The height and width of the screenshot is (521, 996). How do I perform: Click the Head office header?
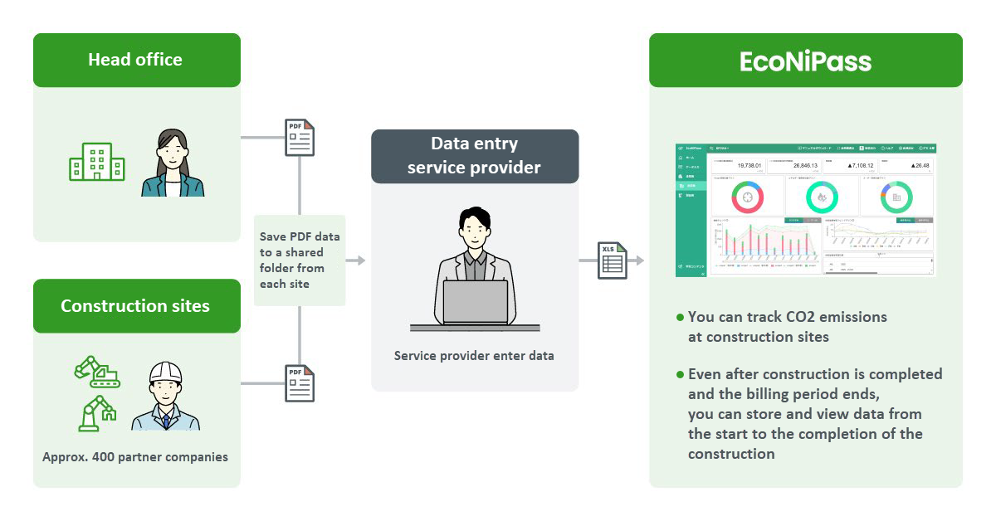click(136, 60)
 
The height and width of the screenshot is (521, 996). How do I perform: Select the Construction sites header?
click(136, 305)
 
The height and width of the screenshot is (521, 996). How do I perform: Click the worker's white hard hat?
click(165, 372)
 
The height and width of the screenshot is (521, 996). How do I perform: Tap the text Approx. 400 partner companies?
click(135, 456)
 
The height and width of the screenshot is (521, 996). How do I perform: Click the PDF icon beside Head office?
click(300, 138)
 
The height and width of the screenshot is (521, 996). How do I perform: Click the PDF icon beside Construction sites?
click(300, 383)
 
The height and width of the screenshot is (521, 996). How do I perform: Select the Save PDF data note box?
click(300, 260)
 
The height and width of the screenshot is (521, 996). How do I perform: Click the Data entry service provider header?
click(474, 156)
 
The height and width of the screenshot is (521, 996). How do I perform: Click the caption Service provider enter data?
click(474, 356)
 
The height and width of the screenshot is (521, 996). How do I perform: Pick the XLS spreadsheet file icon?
click(613, 260)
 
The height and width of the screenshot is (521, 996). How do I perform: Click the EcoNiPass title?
click(805, 61)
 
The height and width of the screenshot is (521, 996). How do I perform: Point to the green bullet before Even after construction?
click(681, 374)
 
